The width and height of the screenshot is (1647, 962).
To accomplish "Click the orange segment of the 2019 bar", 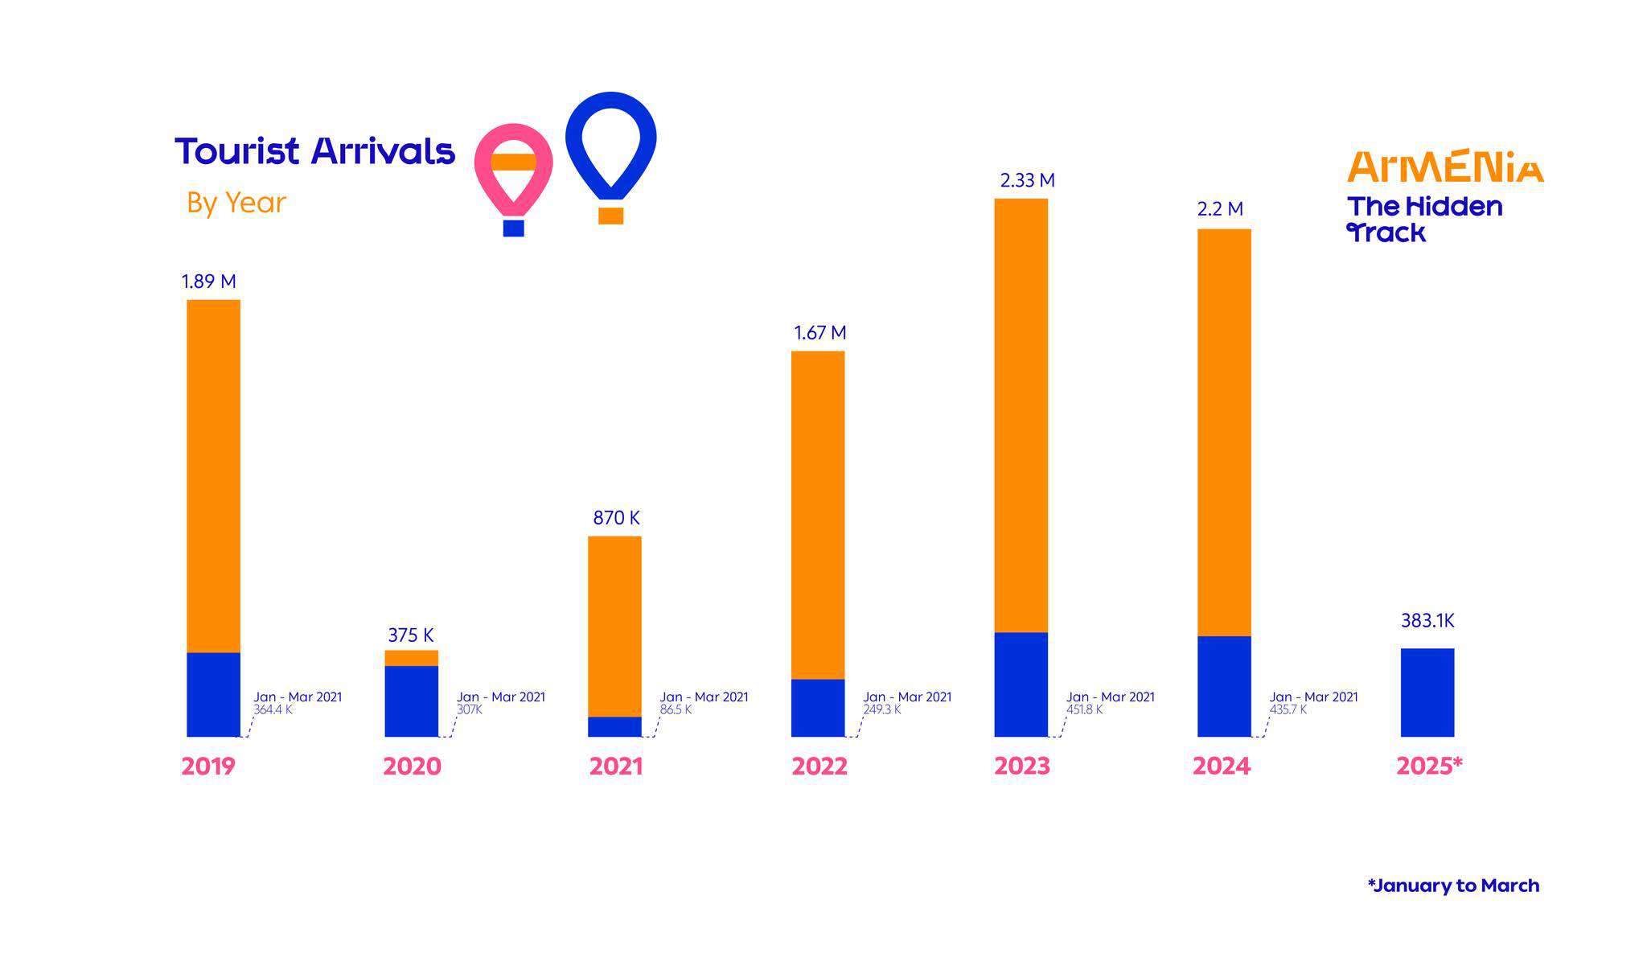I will tap(213, 475).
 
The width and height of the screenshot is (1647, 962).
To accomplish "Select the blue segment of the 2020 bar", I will tap(411, 701).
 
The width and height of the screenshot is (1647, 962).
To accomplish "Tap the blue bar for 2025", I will tap(1427, 692).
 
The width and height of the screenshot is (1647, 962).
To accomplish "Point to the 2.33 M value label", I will tap(1027, 181).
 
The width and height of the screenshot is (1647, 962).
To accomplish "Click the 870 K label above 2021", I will tap(616, 518).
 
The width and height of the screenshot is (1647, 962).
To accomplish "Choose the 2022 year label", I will tap(819, 766).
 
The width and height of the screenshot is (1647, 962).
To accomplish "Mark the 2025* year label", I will tap(1428, 766).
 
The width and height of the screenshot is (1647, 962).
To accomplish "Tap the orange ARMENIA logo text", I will tap(1445, 166).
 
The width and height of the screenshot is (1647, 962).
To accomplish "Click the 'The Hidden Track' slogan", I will tap(1424, 219).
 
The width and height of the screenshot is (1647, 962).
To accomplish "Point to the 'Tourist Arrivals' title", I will tap(314, 151).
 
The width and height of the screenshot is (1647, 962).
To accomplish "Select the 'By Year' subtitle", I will tap(236, 203).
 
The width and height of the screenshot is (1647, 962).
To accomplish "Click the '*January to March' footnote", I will tap(1453, 886).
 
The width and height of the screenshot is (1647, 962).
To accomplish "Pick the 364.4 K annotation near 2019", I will tap(273, 710).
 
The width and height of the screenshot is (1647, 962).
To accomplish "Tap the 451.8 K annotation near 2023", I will tap(1084, 710).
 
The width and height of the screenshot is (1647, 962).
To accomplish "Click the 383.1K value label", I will tap(1427, 621).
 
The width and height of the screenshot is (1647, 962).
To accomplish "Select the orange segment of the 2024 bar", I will tap(1223, 432).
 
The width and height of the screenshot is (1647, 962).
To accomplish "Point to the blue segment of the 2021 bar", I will tap(614, 726).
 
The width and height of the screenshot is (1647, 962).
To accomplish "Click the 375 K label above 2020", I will tap(411, 635).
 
